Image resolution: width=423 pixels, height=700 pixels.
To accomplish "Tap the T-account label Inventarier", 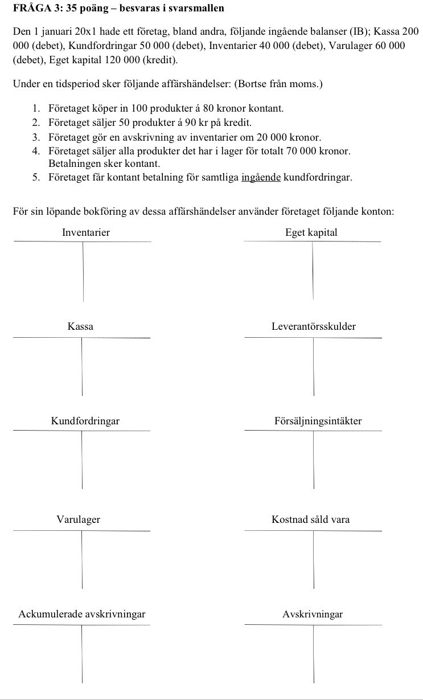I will pos(85,232).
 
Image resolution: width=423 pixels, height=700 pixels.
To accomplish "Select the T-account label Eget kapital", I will pos(311,232).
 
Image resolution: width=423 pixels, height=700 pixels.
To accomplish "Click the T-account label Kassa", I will pos(80,327).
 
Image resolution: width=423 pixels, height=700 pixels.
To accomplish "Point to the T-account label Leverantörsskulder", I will pos(314,327).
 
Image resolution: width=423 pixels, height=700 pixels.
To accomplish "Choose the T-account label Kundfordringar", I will pos(85,421).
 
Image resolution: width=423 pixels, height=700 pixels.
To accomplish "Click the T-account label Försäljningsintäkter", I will pos(318,421).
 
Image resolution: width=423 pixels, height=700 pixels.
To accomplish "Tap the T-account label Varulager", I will pos(78,519).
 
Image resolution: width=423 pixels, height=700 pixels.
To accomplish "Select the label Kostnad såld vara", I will pos(311,519).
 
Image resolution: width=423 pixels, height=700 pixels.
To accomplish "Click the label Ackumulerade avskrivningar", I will pos(82,615).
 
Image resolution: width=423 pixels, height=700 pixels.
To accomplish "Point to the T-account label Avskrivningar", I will pos(313,615).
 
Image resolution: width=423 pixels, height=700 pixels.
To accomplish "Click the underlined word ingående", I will pos(261,177).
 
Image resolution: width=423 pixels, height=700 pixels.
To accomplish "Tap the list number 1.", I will pos(36,108).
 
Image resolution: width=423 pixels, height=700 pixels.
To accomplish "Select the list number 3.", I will pos(36,137).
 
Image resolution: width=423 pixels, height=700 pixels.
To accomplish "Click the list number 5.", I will pos(36,177).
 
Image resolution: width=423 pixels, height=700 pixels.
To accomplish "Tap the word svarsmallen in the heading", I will pos(200,8).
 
